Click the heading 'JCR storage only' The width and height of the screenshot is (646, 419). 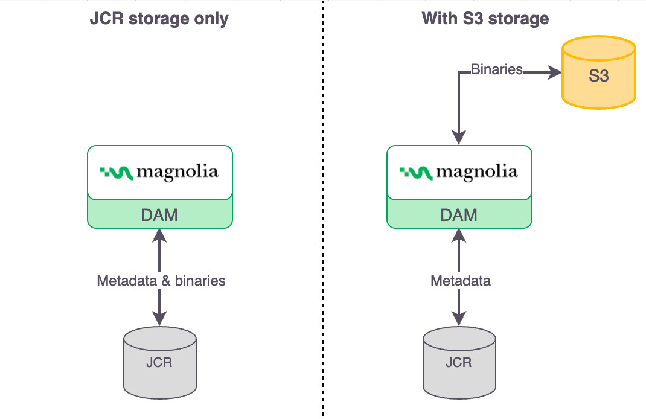tap(159, 19)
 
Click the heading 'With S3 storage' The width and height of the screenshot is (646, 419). tap(485, 19)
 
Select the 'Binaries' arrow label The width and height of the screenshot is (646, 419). tap(496, 69)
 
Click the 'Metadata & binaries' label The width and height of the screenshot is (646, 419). tap(161, 281)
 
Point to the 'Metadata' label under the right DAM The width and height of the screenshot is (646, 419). tap(461, 281)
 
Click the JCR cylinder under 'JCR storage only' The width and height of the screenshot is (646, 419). tap(159, 362)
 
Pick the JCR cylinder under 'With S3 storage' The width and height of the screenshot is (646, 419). tap(459, 362)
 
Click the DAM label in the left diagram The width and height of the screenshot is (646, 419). tap(159, 214)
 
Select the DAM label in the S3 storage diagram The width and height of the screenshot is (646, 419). tap(459, 214)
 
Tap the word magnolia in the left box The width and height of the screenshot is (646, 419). tap(177, 173)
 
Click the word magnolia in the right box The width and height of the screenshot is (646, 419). tap(477, 173)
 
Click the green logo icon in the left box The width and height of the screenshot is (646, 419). tap(117, 173)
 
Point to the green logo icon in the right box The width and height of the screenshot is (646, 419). tap(416, 173)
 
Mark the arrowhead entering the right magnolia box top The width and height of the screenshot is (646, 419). tap(459, 138)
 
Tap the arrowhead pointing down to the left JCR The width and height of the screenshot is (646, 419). tap(159, 318)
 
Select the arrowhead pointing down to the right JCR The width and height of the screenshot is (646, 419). tap(459, 318)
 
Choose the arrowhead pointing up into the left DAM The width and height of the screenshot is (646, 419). tap(159, 237)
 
